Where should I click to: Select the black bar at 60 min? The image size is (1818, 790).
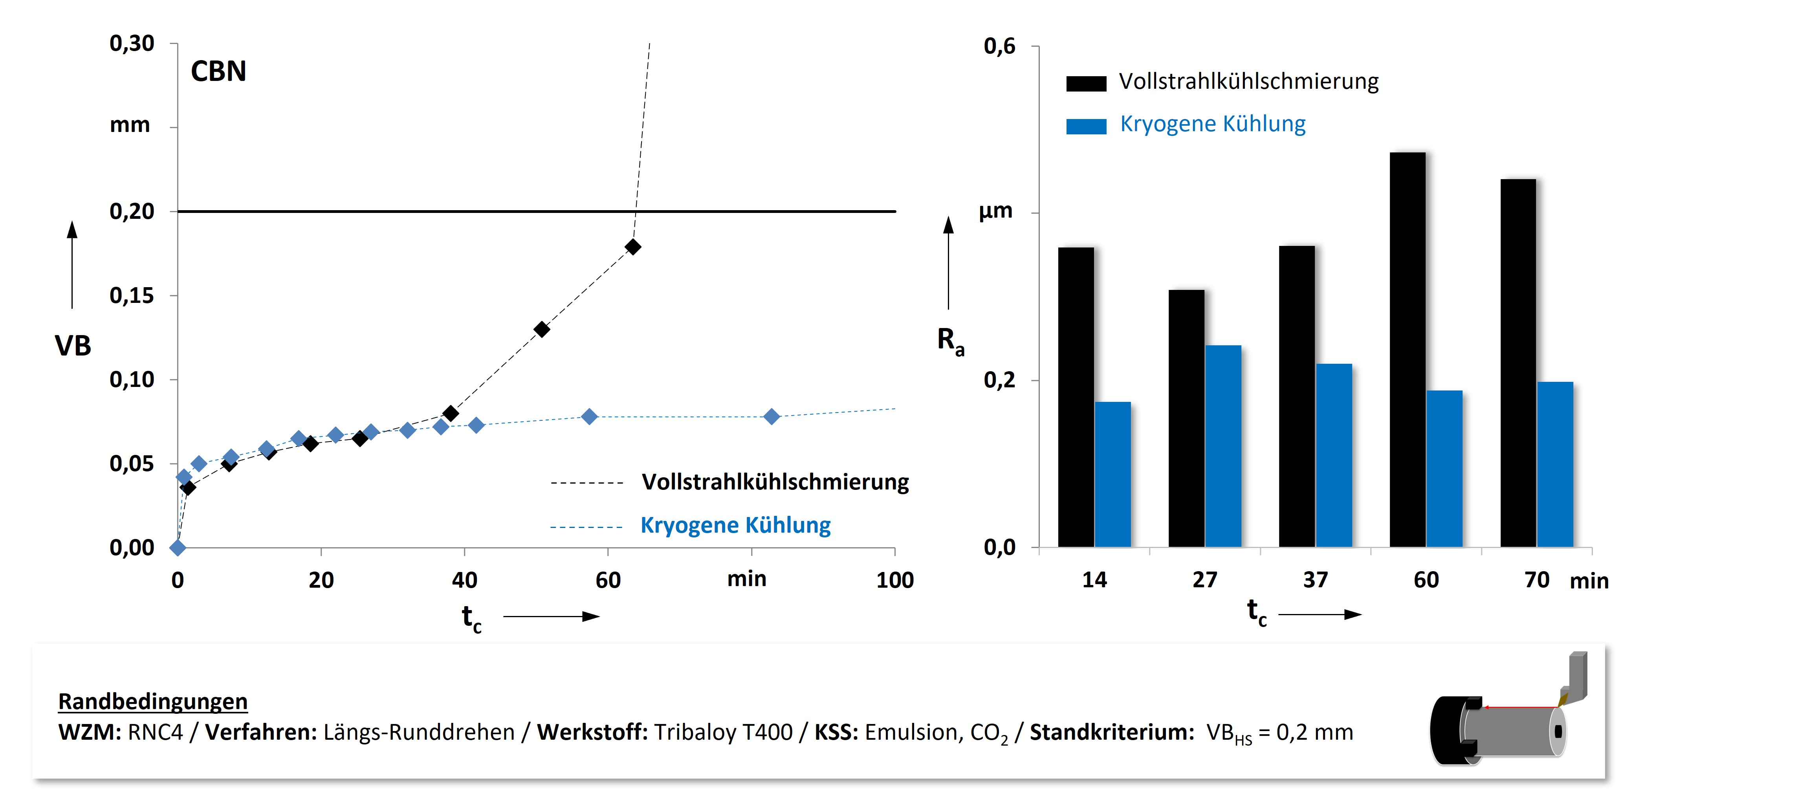coord(1407,350)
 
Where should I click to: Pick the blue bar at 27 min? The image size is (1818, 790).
coord(1223,446)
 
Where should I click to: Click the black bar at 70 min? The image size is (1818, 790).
coord(1518,363)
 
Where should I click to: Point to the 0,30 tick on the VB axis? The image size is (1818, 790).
coord(132,44)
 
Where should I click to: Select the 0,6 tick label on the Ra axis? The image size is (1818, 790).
coord(999,47)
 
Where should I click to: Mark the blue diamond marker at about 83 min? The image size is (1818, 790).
coord(772,416)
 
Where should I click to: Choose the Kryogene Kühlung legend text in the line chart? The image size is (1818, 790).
coord(735,525)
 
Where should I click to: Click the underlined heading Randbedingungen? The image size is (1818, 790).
coord(152,701)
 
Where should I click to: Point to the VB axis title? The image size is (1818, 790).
coord(73,346)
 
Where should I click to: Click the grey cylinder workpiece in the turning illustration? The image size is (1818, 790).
coord(1510,731)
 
